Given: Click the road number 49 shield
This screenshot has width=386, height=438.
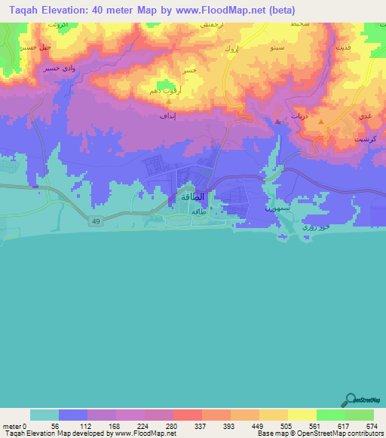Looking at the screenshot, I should [97, 221].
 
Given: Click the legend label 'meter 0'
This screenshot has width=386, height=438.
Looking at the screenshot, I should [14, 425].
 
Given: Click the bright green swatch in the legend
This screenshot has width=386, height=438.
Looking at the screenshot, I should [330, 415].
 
